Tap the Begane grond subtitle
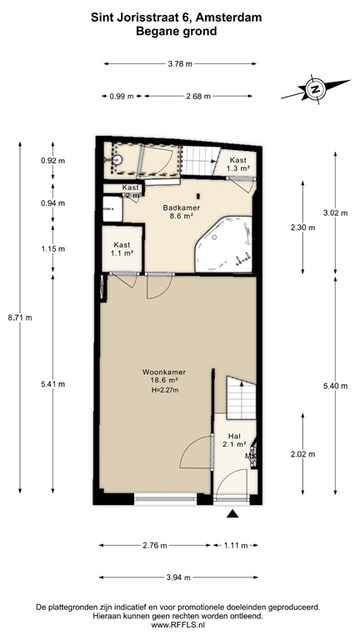(x=181, y=31)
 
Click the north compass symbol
(x=314, y=87)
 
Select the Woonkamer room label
(x=162, y=372)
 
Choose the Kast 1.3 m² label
(x=237, y=163)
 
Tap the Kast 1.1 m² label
(x=121, y=249)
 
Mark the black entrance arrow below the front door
(x=232, y=516)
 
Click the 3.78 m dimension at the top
(x=179, y=63)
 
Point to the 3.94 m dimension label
(x=179, y=577)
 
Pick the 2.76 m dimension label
(x=155, y=545)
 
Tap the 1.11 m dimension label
(x=236, y=545)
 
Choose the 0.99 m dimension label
(x=122, y=96)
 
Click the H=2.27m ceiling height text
(x=162, y=392)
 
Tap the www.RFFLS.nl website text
(x=179, y=624)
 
